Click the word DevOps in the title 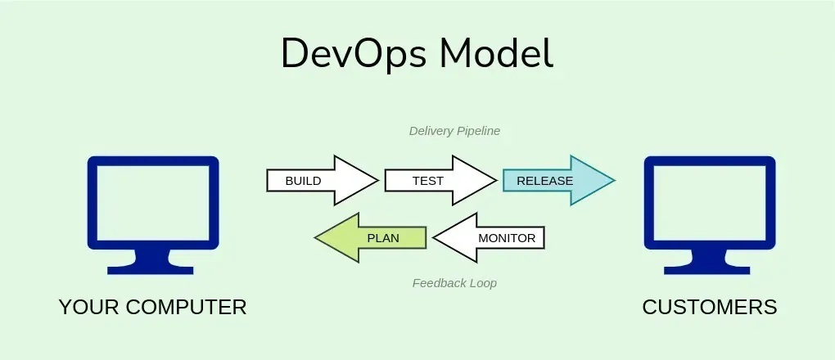pyautogui.click(x=353, y=54)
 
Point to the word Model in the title pyautogui.click(x=494, y=54)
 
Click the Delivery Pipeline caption pyautogui.click(x=454, y=131)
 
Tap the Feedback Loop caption pyautogui.click(x=454, y=283)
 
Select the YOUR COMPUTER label pyautogui.click(x=152, y=307)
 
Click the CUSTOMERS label pyautogui.click(x=709, y=307)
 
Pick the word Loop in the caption pyautogui.click(x=482, y=283)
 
